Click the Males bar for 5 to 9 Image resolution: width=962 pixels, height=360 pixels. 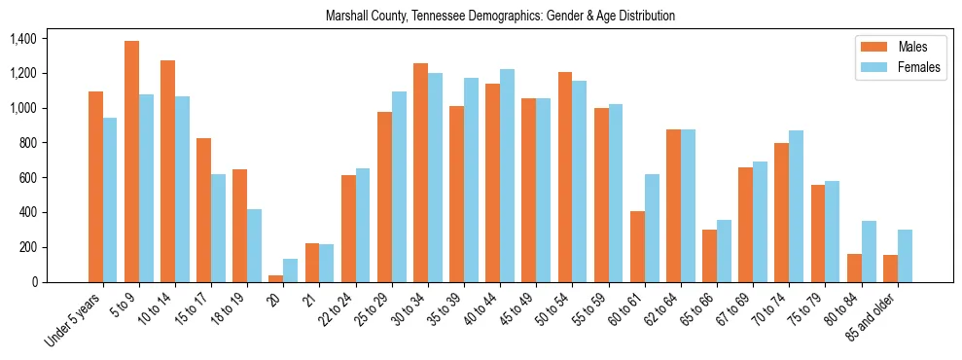coord(131,162)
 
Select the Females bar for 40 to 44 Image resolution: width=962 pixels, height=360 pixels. coord(508,175)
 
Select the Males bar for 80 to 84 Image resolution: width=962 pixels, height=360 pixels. coord(855,268)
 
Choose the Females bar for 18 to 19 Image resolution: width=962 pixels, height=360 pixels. coord(254,245)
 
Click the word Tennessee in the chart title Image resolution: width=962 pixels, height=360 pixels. coord(442,17)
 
